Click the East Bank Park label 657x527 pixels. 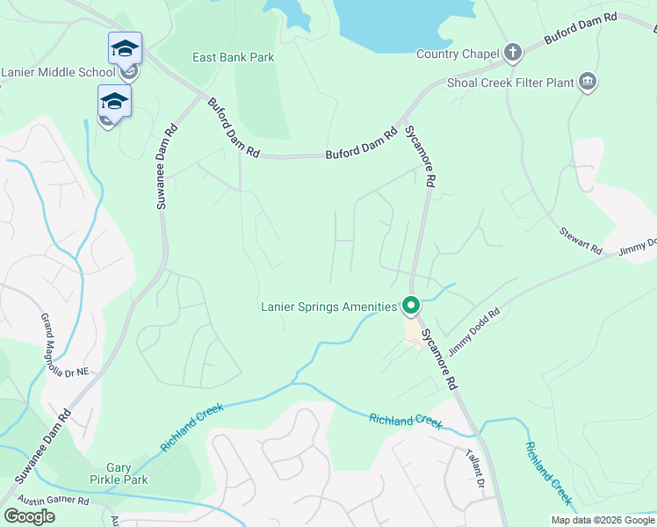(234, 58)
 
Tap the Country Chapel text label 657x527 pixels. (457, 54)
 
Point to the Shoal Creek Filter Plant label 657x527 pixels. (509, 83)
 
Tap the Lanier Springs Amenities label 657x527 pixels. (329, 307)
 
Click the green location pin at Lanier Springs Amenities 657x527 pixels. (410, 307)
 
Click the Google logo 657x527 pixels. (29, 516)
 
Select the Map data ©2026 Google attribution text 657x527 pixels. (602, 520)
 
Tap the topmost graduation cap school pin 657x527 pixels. (125, 49)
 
